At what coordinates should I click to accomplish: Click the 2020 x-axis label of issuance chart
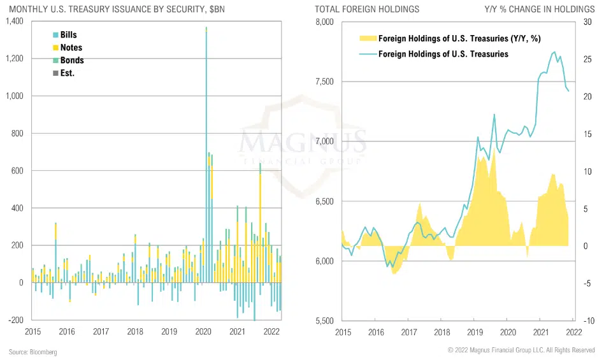(x=203, y=332)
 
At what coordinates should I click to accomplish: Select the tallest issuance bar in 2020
(x=206, y=153)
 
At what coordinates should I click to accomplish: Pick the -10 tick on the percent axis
(x=584, y=320)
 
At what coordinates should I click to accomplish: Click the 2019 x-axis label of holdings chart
(x=475, y=332)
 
